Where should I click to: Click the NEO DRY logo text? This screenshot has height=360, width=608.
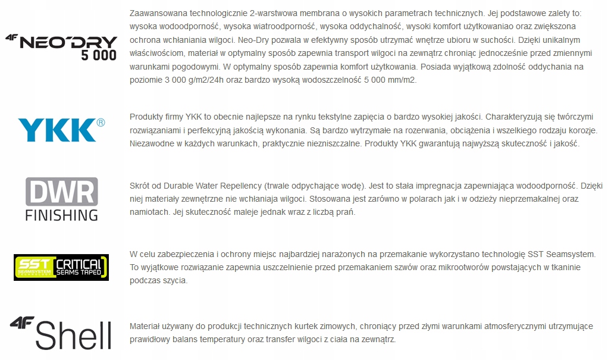[x=69, y=42]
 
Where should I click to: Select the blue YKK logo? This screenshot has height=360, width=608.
[x=57, y=129]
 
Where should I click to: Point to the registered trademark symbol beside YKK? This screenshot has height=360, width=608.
[x=101, y=123]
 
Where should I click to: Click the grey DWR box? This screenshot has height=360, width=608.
[x=61, y=191]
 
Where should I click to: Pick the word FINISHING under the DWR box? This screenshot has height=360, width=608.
[x=61, y=214]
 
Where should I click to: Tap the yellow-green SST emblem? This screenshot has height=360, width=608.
[x=33, y=267]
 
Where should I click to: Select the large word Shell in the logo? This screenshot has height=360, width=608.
[x=74, y=335]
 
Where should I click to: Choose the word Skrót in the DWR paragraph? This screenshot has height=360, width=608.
[x=140, y=185]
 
